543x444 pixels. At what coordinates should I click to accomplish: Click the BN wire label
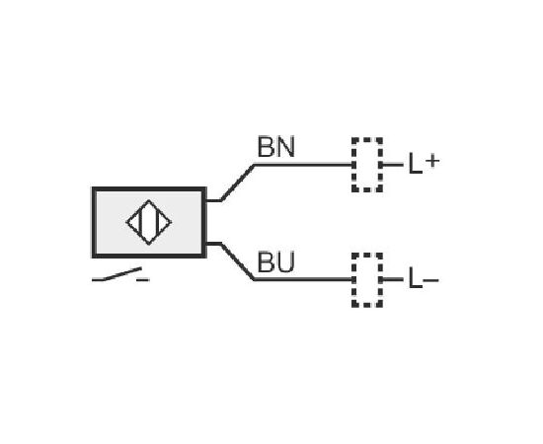[x=276, y=147]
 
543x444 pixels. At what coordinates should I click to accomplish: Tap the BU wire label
[x=276, y=262]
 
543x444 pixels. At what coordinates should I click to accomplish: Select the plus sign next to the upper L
[x=432, y=161]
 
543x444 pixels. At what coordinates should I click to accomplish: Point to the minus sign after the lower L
[x=430, y=279]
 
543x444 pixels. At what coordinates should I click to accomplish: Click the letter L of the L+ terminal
[x=416, y=163]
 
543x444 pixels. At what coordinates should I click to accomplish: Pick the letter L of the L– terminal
[x=416, y=277]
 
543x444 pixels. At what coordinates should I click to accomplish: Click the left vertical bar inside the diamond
[x=140, y=222]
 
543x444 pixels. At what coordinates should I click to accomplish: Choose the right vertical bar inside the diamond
[x=158, y=222]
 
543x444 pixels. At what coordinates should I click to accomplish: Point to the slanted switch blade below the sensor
[x=123, y=273]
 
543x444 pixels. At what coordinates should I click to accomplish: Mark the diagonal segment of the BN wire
[x=238, y=183]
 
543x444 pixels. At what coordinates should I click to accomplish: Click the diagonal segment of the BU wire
[x=238, y=261]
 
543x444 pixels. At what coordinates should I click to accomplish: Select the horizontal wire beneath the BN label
[x=303, y=165]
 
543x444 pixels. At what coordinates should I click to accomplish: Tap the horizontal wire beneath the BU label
[x=303, y=279]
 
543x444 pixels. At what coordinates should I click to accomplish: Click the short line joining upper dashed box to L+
[x=393, y=165]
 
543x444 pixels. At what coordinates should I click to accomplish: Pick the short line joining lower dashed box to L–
[x=393, y=279]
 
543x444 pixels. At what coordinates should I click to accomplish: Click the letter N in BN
[x=286, y=147]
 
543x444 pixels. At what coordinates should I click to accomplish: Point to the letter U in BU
[x=286, y=262]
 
